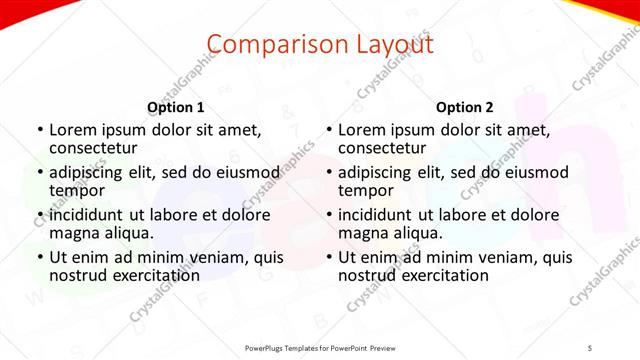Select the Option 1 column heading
pos(175,107)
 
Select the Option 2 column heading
pos(465,107)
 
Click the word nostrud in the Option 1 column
pos(77,275)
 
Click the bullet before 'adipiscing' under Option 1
pos(39,173)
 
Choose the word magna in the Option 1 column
pos(73,233)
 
